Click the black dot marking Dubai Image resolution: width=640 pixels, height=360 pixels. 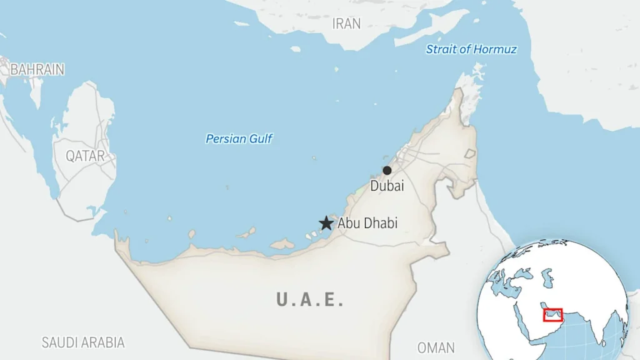click(387, 171)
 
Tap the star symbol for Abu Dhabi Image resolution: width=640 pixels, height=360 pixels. click(326, 223)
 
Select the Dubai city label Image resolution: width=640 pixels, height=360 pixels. click(387, 186)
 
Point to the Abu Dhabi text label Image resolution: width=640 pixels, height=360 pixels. click(367, 223)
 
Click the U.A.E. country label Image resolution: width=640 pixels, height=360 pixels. click(310, 299)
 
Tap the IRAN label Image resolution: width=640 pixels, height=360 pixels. click(346, 24)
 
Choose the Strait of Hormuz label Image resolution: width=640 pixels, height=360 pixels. click(471, 49)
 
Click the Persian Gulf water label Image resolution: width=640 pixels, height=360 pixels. click(239, 139)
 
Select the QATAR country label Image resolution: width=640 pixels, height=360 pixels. click(86, 156)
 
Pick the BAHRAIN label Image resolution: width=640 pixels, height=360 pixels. click(37, 69)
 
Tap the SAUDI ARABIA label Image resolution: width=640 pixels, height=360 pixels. click(83, 342)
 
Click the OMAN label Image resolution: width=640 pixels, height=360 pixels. click(436, 347)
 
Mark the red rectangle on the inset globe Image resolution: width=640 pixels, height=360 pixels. click(552, 314)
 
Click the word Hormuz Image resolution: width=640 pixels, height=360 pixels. click(495, 49)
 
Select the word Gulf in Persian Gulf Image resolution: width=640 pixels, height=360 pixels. click(261, 139)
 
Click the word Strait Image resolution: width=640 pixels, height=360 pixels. click(441, 49)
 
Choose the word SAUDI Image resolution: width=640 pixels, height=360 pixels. click(59, 342)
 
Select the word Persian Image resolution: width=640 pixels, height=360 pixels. click(226, 139)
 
